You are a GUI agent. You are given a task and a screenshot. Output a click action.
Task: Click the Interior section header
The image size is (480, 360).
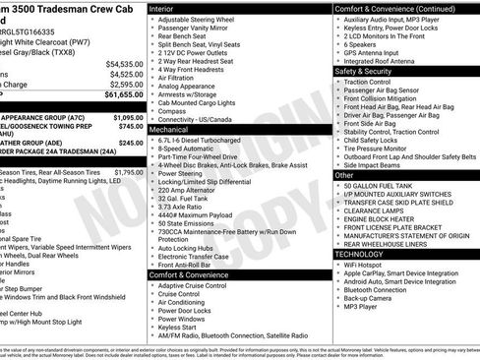tap(165, 8)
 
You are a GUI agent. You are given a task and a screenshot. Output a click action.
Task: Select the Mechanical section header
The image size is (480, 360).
tap(169, 129)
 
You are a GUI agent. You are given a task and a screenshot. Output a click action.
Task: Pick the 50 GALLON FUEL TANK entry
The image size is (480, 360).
tap(379, 185)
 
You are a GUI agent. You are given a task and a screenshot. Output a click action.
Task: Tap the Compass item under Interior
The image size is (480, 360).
tap(172, 110)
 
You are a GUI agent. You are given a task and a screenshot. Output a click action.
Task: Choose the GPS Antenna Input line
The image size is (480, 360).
tap(378, 53)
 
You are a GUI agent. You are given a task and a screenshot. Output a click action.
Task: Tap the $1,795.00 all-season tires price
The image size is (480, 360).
tap(128, 172)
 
